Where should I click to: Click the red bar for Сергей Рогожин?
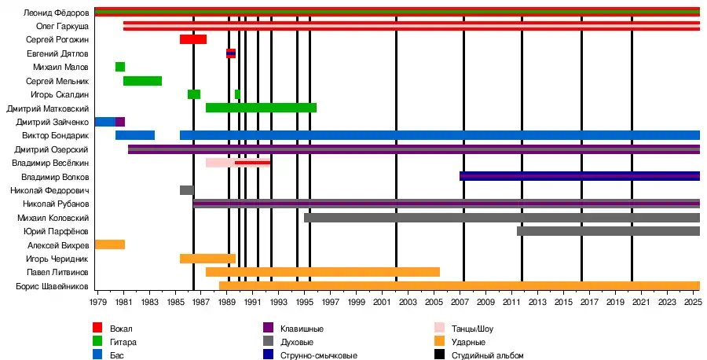(x=192, y=39)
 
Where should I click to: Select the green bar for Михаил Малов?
(x=120, y=67)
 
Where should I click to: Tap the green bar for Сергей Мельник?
(x=142, y=81)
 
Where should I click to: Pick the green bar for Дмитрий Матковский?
(x=261, y=108)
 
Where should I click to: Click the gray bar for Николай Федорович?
(x=186, y=190)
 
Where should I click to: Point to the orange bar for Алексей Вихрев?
(x=109, y=244)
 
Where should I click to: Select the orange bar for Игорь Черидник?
(x=207, y=259)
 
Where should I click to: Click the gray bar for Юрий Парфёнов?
(x=608, y=231)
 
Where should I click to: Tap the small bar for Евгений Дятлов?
(x=230, y=53)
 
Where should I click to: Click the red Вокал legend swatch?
(x=97, y=329)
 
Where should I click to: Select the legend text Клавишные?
(x=302, y=329)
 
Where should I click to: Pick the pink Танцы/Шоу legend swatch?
(x=439, y=329)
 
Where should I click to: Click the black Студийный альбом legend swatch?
(x=439, y=355)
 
